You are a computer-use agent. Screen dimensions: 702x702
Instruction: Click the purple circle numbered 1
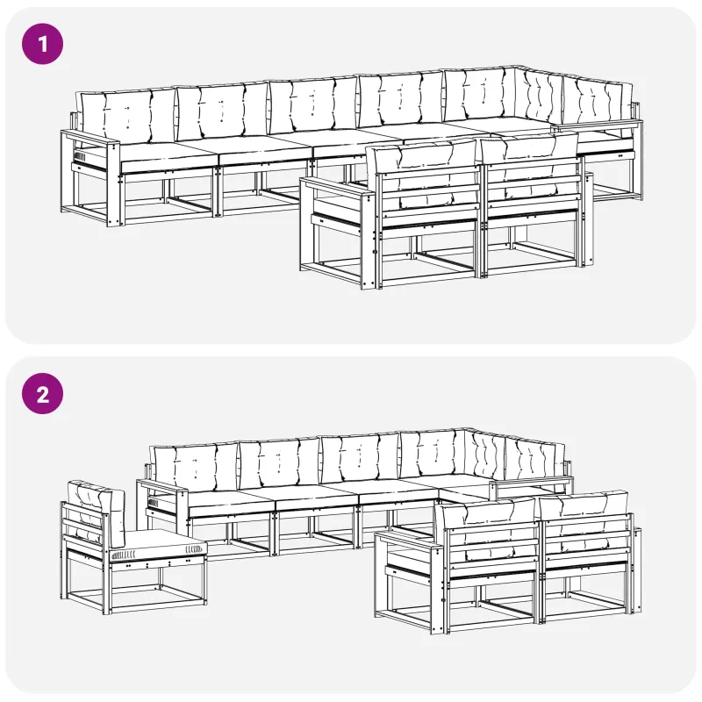click(x=42, y=44)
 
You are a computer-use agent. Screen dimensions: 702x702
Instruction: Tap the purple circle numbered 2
click(x=42, y=394)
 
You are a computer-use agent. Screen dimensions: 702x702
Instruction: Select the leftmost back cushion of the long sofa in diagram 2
click(x=195, y=467)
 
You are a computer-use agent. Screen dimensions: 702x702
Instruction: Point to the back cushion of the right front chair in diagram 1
click(x=530, y=169)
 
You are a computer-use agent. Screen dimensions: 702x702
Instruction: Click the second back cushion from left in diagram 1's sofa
click(x=223, y=111)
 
